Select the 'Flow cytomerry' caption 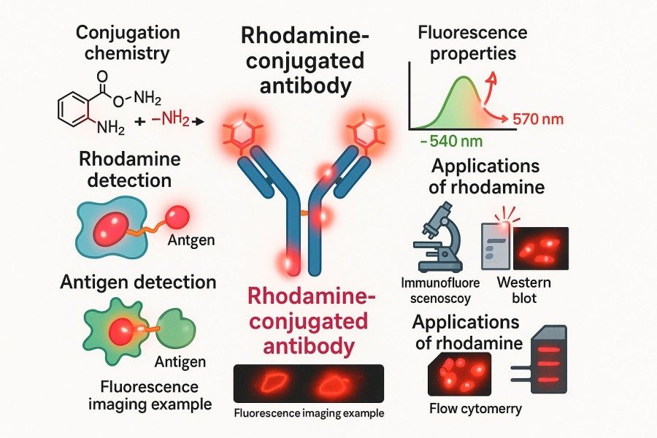pos(476,408)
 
